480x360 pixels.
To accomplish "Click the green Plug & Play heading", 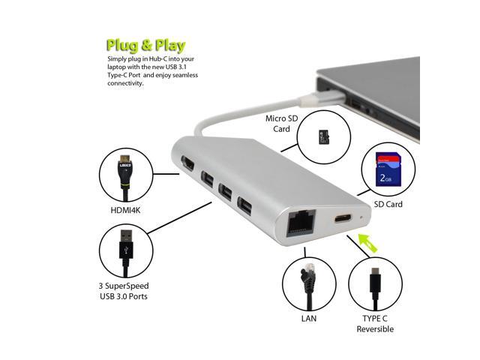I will pyautogui.click(x=145, y=44).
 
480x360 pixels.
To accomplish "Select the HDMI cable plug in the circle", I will pyautogui.click(x=125, y=176).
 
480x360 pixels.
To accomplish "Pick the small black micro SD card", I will pyautogui.click(x=325, y=137).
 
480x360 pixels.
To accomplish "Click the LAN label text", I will pyautogui.click(x=308, y=318).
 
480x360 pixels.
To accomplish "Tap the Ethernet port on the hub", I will pyautogui.click(x=294, y=223).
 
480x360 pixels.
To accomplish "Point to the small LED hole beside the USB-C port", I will pyautogui.click(x=361, y=219).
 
